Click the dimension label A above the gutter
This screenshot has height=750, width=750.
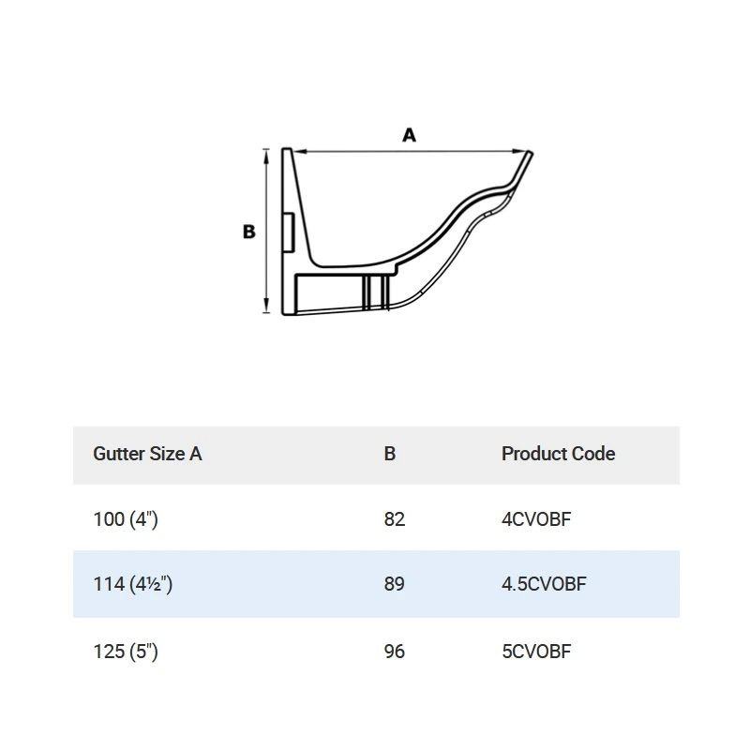click(409, 136)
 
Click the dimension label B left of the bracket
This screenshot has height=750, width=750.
click(249, 232)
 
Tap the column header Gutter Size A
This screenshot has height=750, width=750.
click(147, 454)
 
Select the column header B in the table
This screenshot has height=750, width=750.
click(390, 454)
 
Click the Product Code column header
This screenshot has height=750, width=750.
click(558, 454)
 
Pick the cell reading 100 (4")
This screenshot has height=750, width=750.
click(126, 518)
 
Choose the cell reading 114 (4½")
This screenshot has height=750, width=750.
click(133, 584)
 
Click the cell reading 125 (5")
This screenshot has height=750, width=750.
click(126, 651)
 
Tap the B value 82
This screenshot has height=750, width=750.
click(395, 518)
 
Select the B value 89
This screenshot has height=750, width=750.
click(395, 584)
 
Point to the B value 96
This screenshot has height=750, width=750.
click(395, 651)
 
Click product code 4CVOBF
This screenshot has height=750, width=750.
click(535, 518)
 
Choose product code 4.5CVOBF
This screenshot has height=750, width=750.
click(544, 584)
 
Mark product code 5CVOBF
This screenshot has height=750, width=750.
click(535, 651)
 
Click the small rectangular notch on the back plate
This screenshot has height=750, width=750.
click(290, 231)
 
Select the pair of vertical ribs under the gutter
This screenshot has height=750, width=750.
click(375, 292)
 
